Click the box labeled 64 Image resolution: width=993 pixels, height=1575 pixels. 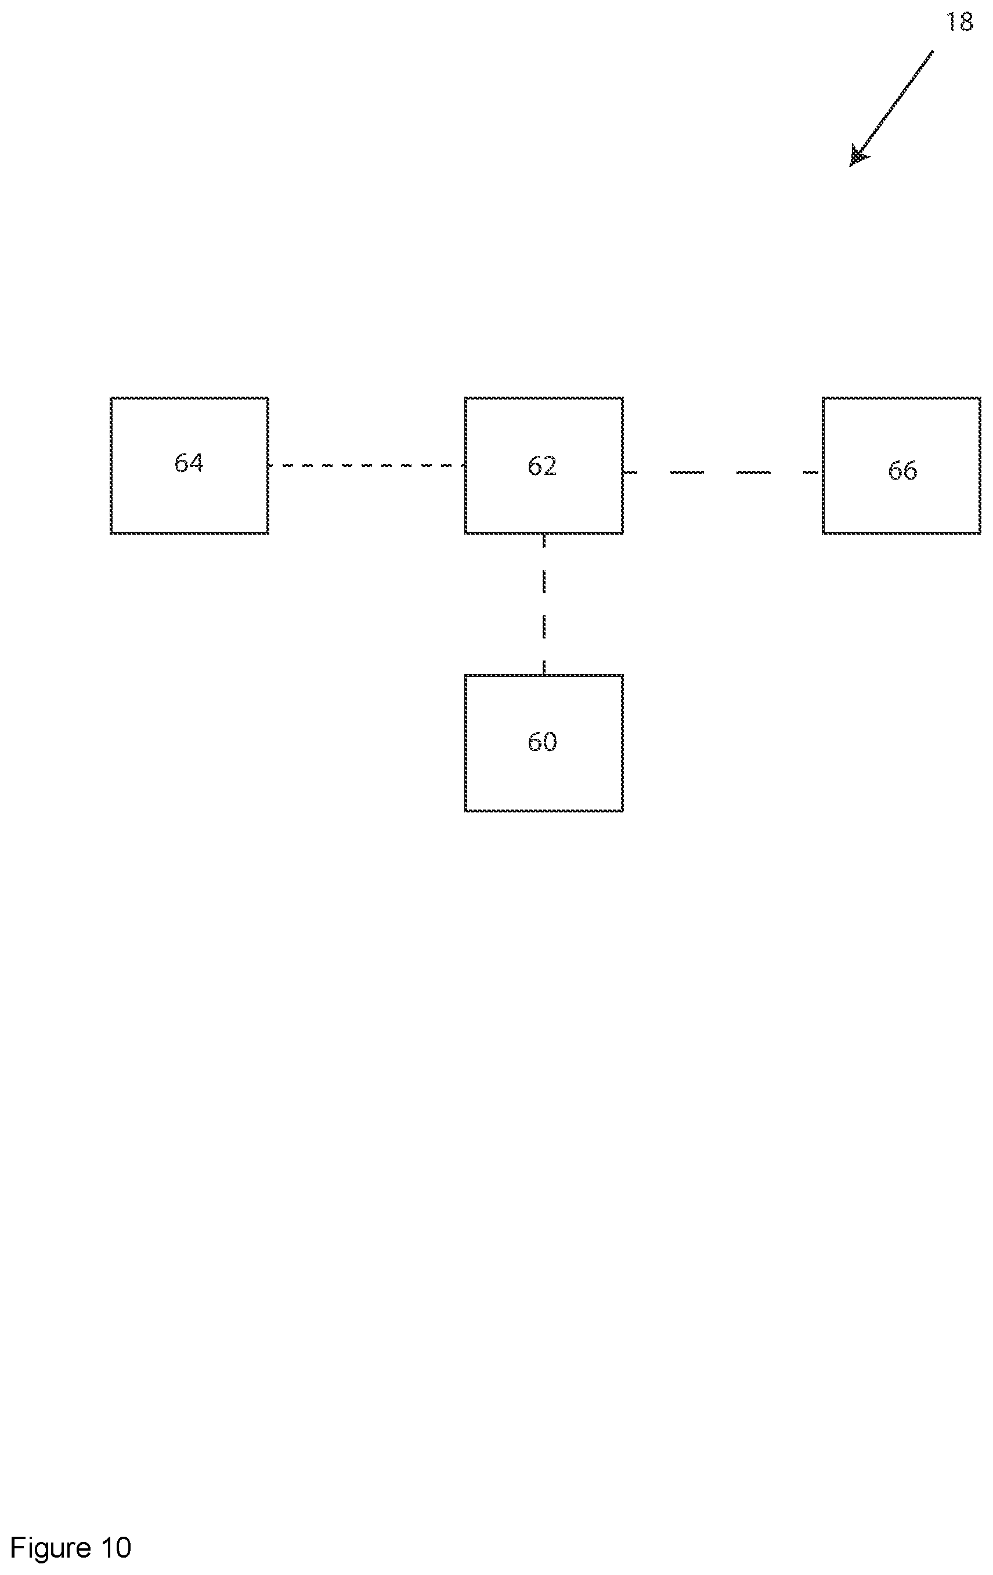189,465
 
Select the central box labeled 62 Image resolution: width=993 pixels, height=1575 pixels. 544,465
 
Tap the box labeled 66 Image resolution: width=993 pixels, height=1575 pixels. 901,465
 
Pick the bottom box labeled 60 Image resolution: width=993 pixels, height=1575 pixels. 544,742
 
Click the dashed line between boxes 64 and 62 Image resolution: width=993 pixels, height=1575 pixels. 367,465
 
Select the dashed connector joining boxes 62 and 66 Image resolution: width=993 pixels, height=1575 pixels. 723,471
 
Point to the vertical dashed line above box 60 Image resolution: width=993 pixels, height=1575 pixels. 544,604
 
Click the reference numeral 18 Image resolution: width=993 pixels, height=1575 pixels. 959,22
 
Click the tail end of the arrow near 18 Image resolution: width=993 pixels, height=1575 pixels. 932,51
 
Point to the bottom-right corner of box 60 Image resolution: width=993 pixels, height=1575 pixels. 623,811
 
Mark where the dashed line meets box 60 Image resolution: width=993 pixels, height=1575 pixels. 544,674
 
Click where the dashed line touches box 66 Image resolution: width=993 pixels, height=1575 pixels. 822,471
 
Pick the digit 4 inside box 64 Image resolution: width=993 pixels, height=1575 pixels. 196,463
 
